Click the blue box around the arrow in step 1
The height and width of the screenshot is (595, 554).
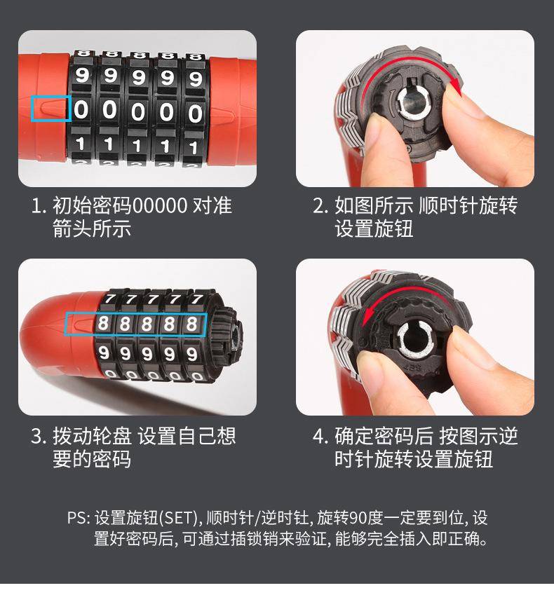32,109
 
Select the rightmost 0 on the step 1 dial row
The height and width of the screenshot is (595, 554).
195,114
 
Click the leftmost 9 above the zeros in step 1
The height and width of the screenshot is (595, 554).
81,75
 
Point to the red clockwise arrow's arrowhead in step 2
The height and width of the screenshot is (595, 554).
457,90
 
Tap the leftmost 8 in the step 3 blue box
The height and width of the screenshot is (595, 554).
103,323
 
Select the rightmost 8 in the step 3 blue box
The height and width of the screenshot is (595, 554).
191,324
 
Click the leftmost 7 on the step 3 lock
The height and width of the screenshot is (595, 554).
110,299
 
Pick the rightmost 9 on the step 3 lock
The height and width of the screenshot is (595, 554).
192,354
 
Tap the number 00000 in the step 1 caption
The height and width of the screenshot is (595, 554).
160,205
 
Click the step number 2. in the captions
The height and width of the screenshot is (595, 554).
320,206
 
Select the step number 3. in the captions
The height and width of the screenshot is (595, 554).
39,437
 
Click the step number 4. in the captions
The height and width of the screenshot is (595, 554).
321,437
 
